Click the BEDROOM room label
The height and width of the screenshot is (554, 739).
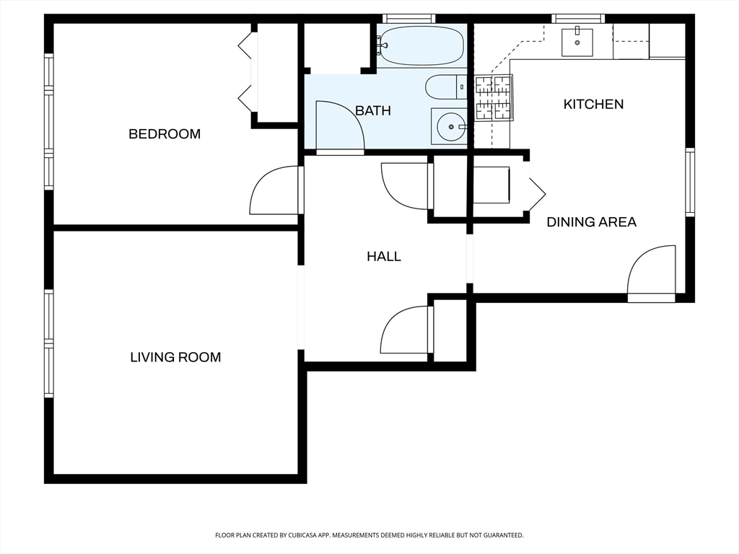coord(165,133)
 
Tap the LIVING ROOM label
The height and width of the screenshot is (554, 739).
coord(175,357)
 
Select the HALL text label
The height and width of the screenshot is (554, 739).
coord(384,256)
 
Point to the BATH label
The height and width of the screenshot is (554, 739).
coord(373,110)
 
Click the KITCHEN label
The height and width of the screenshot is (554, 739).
coord(593,104)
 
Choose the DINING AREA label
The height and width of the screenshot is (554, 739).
coord(592,222)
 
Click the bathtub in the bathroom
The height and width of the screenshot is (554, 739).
coord(421,45)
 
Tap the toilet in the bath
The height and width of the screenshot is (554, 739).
coord(446,87)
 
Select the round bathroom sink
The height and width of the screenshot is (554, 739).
coord(449,126)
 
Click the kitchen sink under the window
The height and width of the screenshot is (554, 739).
coord(577,42)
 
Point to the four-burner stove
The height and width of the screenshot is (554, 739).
coord(494,97)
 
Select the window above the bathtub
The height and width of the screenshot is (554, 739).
coord(408,19)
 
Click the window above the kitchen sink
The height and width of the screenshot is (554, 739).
coord(578,19)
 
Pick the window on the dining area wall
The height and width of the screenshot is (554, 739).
coord(690,182)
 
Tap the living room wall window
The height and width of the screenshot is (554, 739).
coord(48,343)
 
